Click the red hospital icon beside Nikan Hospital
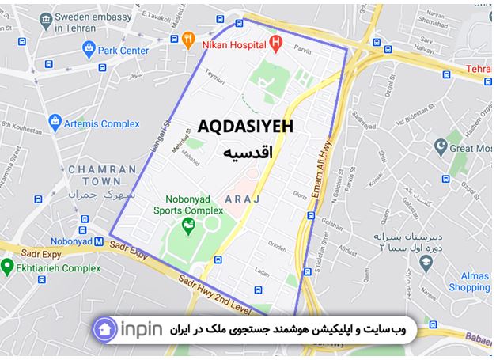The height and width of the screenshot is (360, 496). (x=275, y=42)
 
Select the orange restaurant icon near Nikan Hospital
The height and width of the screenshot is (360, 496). (x=188, y=37)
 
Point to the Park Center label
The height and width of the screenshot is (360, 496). (x=123, y=51)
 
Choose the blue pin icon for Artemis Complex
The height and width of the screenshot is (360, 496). (x=55, y=123)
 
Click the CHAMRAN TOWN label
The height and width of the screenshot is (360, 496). (x=97, y=175)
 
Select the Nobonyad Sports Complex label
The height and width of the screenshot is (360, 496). (x=189, y=205)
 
